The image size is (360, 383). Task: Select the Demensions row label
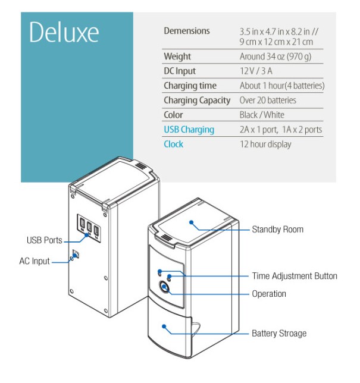[x=186, y=31]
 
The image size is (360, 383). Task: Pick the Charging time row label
[x=190, y=86]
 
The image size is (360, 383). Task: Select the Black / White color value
[x=262, y=115]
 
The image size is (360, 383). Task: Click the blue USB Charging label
[x=189, y=130]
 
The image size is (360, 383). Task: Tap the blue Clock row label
[x=173, y=144]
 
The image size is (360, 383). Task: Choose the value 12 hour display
[x=265, y=144]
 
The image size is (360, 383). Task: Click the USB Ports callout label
[x=44, y=241]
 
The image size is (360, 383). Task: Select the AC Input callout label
[x=35, y=261]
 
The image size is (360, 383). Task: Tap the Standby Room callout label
[x=277, y=230]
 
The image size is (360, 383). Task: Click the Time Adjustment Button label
[x=294, y=276]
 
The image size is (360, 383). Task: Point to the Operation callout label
[x=268, y=294]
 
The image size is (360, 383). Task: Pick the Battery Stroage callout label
[x=279, y=334]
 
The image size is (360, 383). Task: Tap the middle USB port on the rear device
[x=89, y=227]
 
